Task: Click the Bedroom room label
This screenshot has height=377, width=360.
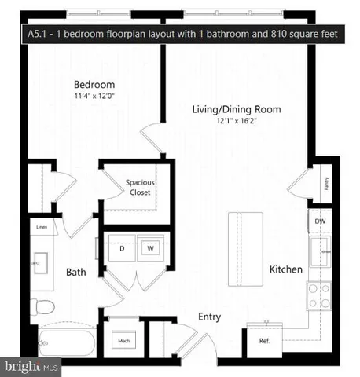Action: (94, 85)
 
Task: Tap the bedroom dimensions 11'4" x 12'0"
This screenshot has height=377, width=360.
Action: (94, 96)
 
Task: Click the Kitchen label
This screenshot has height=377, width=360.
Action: (286, 269)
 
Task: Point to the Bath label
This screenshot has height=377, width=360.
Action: (75, 273)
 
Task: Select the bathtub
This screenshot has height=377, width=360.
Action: (66, 342)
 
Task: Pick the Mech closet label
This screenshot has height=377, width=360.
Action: (123, 341)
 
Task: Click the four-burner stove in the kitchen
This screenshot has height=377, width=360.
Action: (319, 295)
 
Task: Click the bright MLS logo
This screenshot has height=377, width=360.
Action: (31, 367)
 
